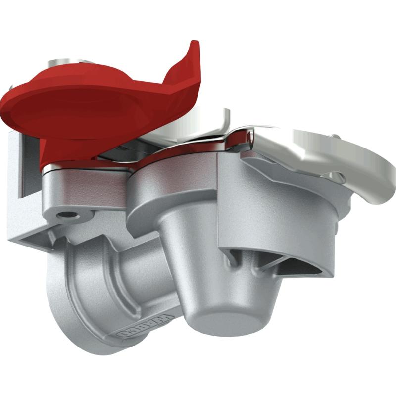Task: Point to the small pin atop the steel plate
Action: [x=336, y=137]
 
